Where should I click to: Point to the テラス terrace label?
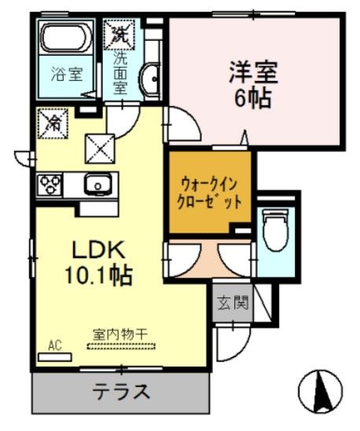pyautogui.click(x=122, y=391)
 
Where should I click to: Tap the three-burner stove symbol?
pyautogui.click(x=50, y=186)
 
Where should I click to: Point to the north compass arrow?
pyautogui.click(x=321, y=389)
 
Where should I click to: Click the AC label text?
pyautogui.click(x=56, y=344)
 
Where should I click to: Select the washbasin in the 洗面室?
pyautogui.click(x=149, y=78)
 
